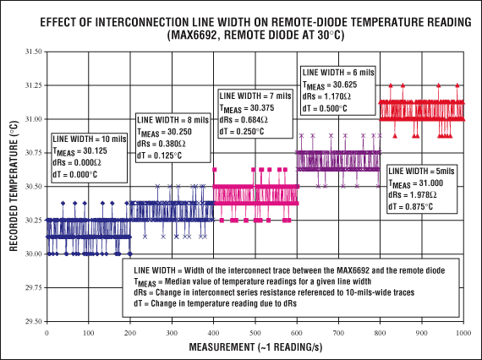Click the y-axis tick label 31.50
(x=32, y=52)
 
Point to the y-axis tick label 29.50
(x=32, y=321)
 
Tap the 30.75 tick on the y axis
(x=32, y=153)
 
